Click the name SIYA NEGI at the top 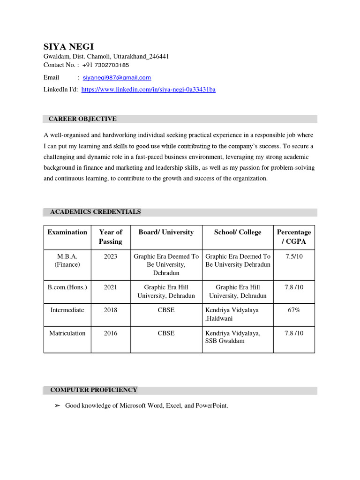(x=68, y=46)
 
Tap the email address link (x=117, y=78)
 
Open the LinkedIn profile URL (x=148, y=90)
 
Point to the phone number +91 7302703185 (x=105, y=65)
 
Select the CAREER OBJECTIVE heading (x=83, y=119)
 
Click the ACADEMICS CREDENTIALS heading (x=95, y=212)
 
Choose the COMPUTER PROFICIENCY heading (x=94, y=390)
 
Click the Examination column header (x=67, y=232)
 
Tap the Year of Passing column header (x=111, y=237)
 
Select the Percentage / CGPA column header (x=294, y=237)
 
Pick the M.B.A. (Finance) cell (x=67, y=261)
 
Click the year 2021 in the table (x=111, y=287)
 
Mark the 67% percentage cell (x=294, y=310)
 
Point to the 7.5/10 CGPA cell (x=294, y=257)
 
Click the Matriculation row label (x=67, y=333)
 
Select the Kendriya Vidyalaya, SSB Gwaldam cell (x=233, y=337)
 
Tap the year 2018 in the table (x=111, y=310)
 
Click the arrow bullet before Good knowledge (x=58, y=406)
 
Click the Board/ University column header (x=166, y=232)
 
